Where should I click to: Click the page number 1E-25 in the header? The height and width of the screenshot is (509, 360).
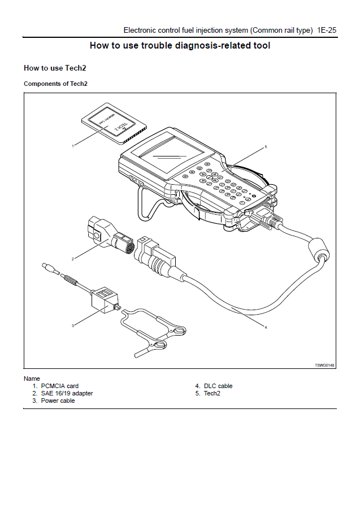pos(327,30)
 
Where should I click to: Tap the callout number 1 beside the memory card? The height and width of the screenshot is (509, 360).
pos(72,146)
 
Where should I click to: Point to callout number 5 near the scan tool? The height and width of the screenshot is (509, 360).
pos(266,147)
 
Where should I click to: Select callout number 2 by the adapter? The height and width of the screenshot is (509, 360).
pos(73,259)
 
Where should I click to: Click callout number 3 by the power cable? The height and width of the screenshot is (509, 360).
pos(73,325)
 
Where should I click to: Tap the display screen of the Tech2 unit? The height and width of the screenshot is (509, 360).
pos(164,153)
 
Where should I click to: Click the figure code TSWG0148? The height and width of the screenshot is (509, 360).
pos(324,366)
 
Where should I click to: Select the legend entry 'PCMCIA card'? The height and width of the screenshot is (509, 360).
pos(59,386)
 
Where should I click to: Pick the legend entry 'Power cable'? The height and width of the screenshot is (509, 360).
pos(58,401)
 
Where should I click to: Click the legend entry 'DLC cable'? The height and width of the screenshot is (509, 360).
pos(218,386)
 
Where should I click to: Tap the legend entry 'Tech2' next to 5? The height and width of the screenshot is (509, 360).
pos(212,394)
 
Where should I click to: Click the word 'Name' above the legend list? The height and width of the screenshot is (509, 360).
pos(32,379)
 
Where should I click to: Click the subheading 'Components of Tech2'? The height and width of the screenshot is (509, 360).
pos(55,84)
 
